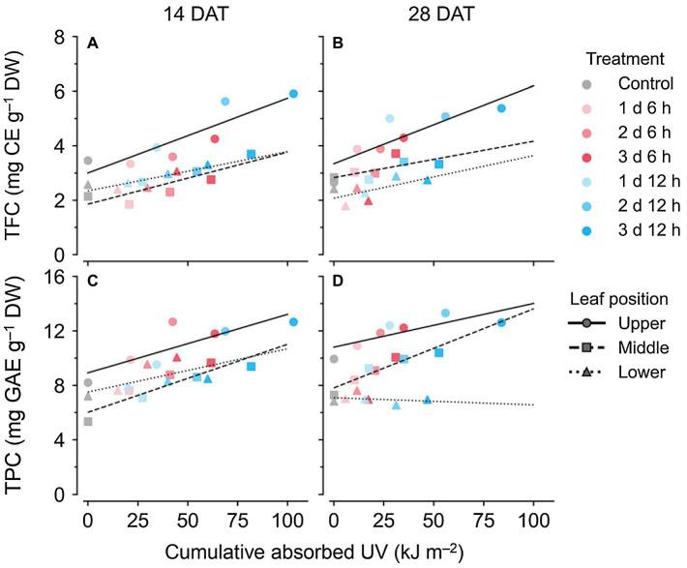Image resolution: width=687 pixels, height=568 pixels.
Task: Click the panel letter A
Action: pos(92,44)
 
